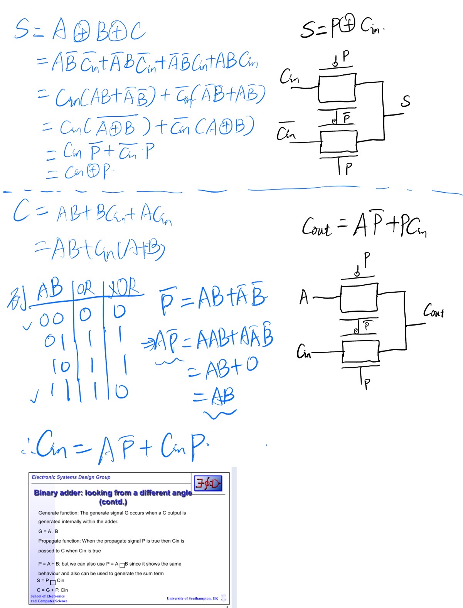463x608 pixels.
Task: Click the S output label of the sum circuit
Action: (x=405, y=101)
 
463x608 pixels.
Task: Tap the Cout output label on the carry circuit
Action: (x=434, y=311)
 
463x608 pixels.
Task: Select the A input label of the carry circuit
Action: (x=304, y=297)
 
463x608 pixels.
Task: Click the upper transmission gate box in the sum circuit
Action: (x=337, y=88)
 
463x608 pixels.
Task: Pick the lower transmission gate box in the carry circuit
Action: (x=360, y=351)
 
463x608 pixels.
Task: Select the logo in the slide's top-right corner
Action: (x=208, y=483)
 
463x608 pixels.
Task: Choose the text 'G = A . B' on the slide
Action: (x=48, y=531)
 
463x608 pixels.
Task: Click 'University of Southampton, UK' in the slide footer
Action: (x=192, y=598)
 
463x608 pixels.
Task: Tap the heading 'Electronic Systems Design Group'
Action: (x=71, y=477)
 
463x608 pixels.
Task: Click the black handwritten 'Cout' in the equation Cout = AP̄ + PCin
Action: (x=317, y=227)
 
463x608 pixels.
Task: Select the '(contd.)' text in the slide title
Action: (x=113, y=502)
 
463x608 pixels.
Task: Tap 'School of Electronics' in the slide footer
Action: (x=47, y=596)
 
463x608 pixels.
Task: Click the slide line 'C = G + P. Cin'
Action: (x=52, y=590)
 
